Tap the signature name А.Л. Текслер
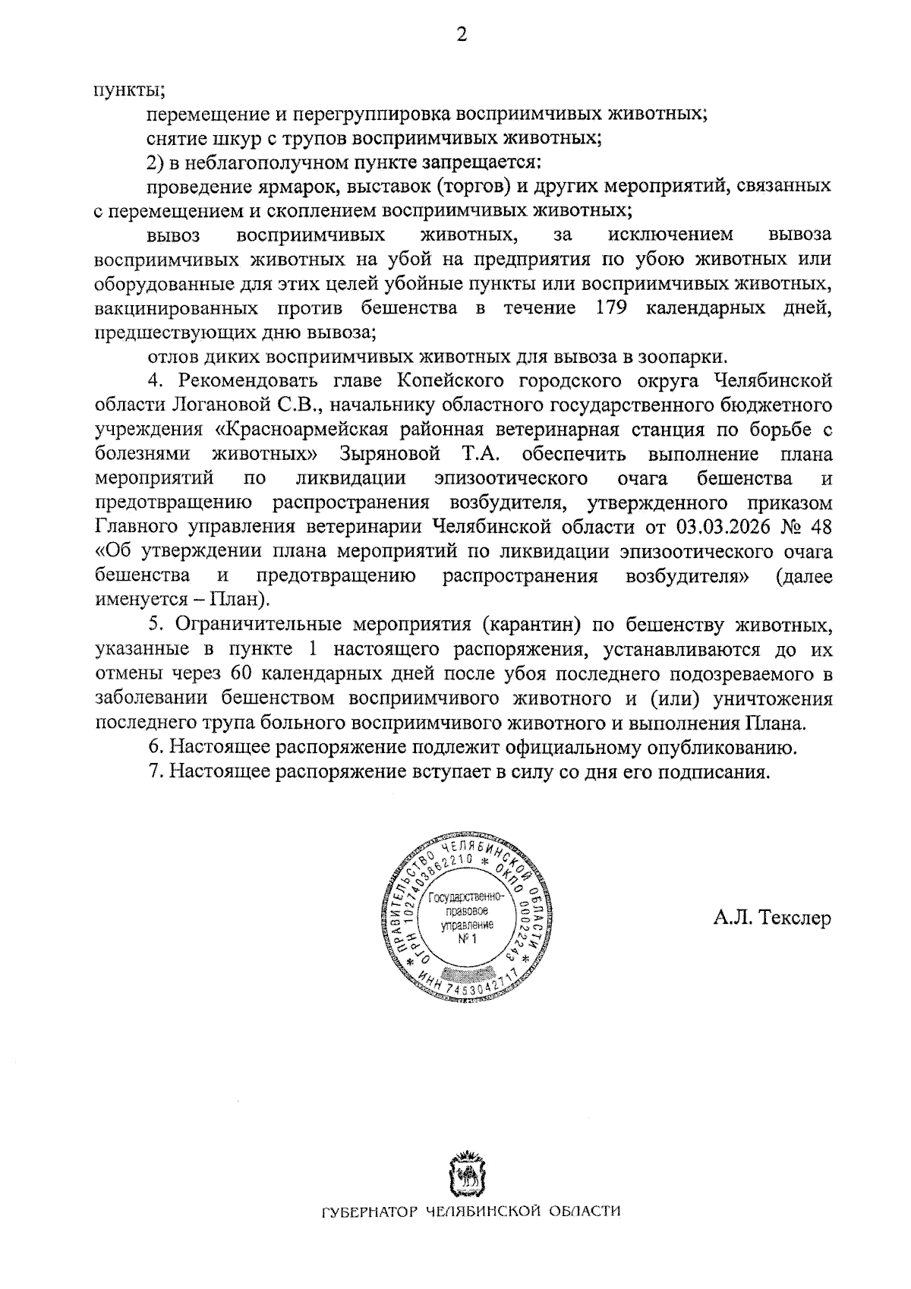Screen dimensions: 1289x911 click(x=772, y=918)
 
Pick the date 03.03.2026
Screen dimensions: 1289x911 click(x=722, y=527)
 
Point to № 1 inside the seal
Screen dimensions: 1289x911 click(x=465, y=941)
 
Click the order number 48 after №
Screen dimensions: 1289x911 click(x=821, y=527)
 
